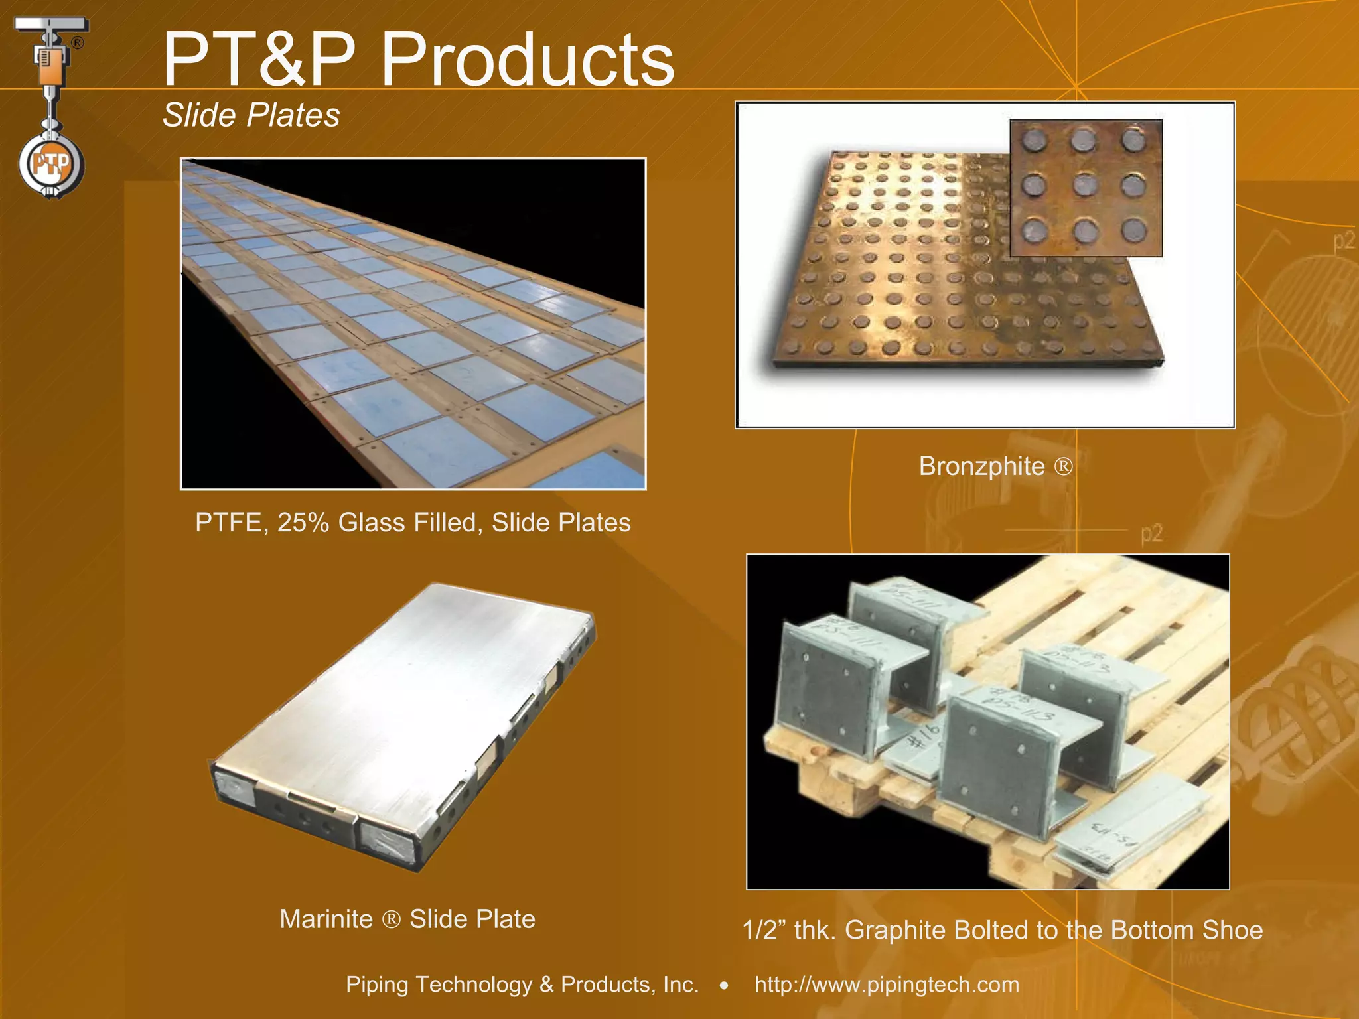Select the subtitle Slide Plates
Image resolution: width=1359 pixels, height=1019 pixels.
(251, 115)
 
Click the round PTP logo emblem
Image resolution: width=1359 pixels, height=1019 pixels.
(51, 164)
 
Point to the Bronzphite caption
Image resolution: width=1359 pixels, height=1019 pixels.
(995, 466)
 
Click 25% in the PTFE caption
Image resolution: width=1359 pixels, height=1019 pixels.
(303, 523)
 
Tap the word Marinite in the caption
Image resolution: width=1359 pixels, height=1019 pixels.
(326, 919)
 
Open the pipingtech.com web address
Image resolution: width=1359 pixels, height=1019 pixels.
(887, 985)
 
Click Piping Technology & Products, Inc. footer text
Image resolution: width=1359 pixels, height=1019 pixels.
(522, 985)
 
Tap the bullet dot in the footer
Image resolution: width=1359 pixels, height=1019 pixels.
(724, 986)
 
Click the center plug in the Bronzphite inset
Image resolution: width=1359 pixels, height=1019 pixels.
(1084, 184)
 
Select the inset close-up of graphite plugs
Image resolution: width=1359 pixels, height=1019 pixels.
(1086, 188)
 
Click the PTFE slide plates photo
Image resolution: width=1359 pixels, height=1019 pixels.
(413, 324)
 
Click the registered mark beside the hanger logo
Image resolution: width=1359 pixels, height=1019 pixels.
(78, 43)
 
